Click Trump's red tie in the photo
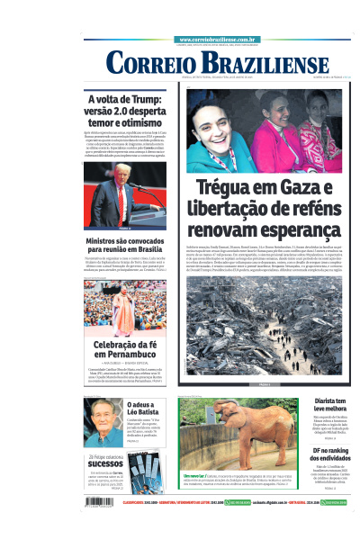point(120,204)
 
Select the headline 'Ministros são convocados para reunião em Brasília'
point(125,248)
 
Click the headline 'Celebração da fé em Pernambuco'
point(125,349)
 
